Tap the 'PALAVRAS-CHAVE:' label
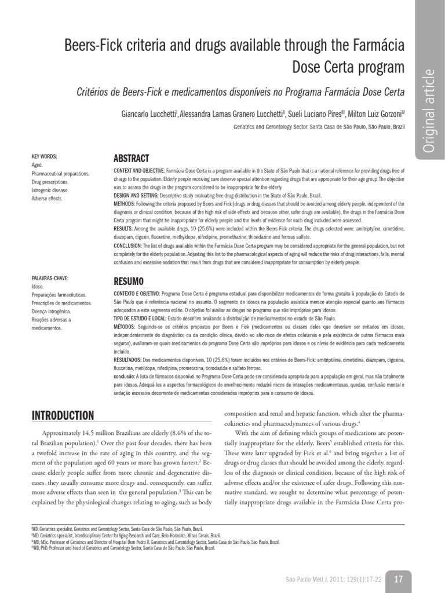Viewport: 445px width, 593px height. point(47,279)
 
